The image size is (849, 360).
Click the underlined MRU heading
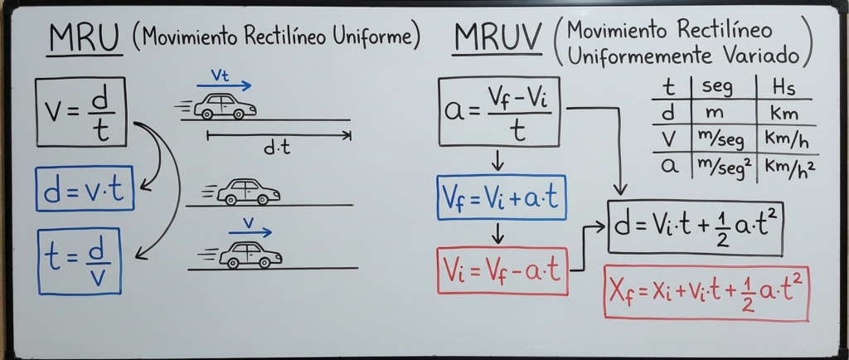[84, 38]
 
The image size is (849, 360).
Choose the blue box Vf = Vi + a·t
[501, 197]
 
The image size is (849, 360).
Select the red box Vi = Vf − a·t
[502, 270]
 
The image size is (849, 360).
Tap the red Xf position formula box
[706, 292]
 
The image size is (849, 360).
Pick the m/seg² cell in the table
[722, 165]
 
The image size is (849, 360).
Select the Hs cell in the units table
[784, 87]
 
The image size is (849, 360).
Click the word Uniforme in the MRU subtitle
[377, 36]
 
